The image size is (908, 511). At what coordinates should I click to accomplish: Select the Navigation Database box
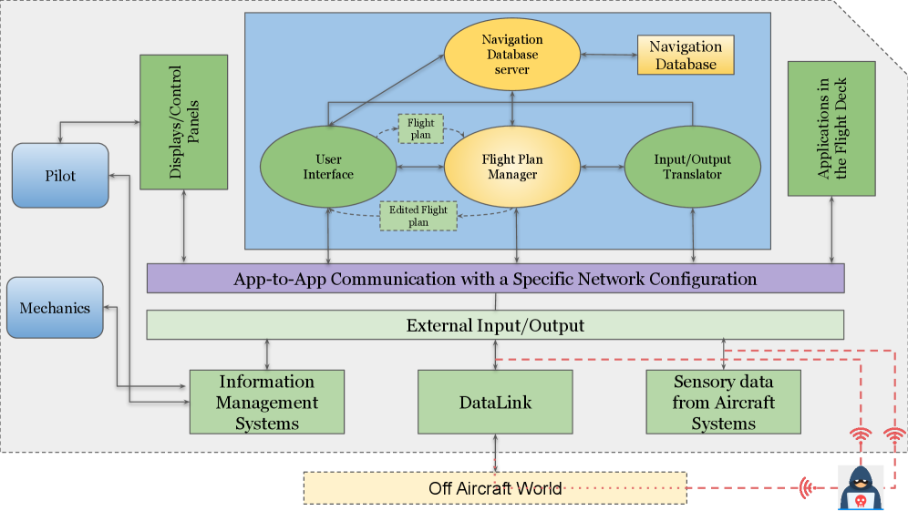pyautogui.click(x=684, y=56)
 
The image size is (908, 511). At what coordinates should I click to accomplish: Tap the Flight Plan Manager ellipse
pyautogui.click(x=511, y=167)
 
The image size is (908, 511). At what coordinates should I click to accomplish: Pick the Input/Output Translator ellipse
pyautogui.click(x=692, y=167)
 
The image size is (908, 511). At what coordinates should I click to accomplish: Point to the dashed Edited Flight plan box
pyautogui.click(x=418, y=216)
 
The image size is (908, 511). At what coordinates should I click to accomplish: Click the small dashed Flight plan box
pyautogui.click(x=420, y=128)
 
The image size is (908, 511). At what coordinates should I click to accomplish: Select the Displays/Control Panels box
pyautogui.click(x=183, y=122)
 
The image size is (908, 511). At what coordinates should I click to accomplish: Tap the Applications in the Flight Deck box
pyautogui.click(x=831, y=128)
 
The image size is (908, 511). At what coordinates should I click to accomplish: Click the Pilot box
pyautogui.click(x=60, y=175)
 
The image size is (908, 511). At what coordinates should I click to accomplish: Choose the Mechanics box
pyautogui.click(x=55, y=308)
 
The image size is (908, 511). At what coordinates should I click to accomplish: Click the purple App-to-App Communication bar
pyautogui.click(x=495, y=279)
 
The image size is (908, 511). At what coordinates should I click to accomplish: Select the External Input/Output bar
pyautogui.click(x=495, y=325)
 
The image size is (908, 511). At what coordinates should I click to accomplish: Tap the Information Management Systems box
pyautogui.click(x=266, y=402)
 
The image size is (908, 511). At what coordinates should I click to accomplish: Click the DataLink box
pyautogui.click(x=495, y=402)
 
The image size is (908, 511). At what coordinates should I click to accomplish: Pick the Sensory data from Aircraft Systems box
pyautogui.click(x=723, y=402)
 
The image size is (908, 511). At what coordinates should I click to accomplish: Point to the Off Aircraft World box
pyautogui.click(x=494, y=488)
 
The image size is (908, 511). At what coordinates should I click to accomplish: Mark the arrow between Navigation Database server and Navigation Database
pyautogui.click(x=607, y=56)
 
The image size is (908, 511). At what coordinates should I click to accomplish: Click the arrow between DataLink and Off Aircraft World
pyautogui.click(x=495, y=452)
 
